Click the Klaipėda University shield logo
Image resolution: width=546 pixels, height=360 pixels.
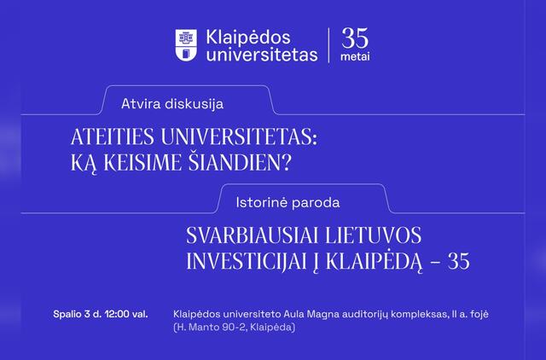point(186,45)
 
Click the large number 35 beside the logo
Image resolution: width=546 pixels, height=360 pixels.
point(355,38)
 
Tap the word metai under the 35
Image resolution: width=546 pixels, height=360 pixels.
point(355,57)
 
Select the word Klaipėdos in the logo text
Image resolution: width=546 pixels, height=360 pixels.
point(248,38)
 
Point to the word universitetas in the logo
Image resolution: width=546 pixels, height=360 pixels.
point(262,55)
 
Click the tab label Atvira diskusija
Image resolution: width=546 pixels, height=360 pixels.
point(172,104)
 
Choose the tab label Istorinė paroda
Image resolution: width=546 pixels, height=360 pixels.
point(288,203)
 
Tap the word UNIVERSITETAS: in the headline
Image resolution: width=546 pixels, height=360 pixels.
point(239,136)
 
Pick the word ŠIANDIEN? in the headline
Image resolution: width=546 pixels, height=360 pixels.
point(240,161)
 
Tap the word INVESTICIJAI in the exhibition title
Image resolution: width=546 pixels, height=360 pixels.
point(249,261)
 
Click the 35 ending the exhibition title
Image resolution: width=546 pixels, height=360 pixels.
point(459,261)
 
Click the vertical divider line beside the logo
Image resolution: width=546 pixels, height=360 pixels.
point(328,45)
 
